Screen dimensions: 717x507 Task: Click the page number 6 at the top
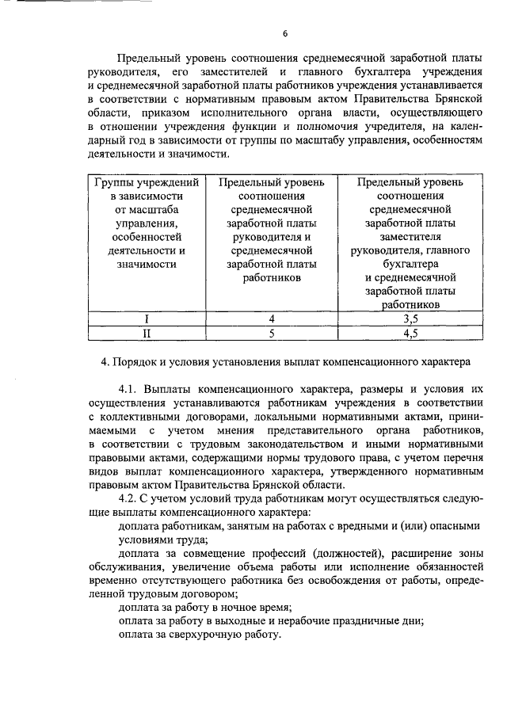pyautogui.click(x=284, y=33)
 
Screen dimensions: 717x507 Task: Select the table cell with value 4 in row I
pyautogui.click(x=271, y=319)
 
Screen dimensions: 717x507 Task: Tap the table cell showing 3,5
pyautogui.click(x=410, y=319)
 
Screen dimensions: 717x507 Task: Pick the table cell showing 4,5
pyautogui.click(x=410, y=334)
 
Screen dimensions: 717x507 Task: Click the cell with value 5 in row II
pyautogui.click(x=271, y=334)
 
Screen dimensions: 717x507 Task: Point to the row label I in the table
pyautogui.click(x=145, y=319)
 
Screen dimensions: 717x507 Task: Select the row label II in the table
pyautogui.click(x=145, y=334)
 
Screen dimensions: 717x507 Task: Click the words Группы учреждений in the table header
pyautogui.click(x=145, y=182)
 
